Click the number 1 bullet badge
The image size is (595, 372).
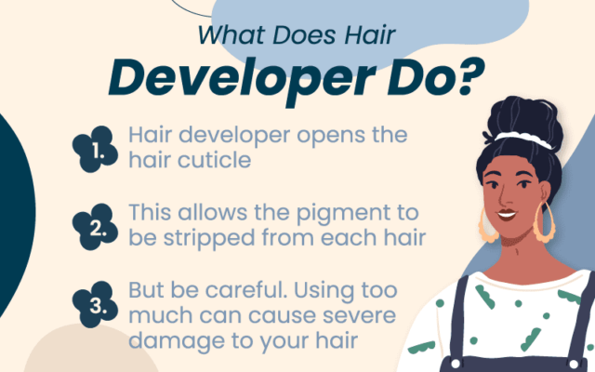96,148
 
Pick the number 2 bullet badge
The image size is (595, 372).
96,224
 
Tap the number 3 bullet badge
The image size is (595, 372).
96,302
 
